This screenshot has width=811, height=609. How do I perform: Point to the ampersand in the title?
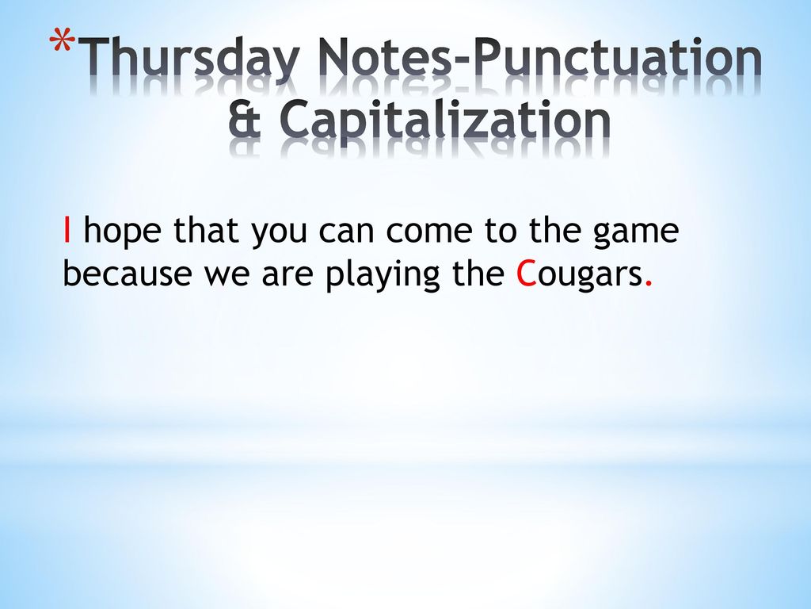[x=245, y=119]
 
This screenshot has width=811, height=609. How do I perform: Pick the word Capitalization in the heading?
[x=445, y=122]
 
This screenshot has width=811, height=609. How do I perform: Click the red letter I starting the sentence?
[x=67, y=230]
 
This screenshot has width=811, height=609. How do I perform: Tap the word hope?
[x=122, y=232]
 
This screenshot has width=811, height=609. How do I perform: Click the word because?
[x=127, y=273]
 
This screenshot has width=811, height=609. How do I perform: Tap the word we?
[x=227, y=276]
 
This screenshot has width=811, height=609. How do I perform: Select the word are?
[x=287, y=276]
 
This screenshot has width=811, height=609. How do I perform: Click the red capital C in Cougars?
[x=526, y=274]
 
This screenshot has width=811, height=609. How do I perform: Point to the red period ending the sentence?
[x=649, y=284]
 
